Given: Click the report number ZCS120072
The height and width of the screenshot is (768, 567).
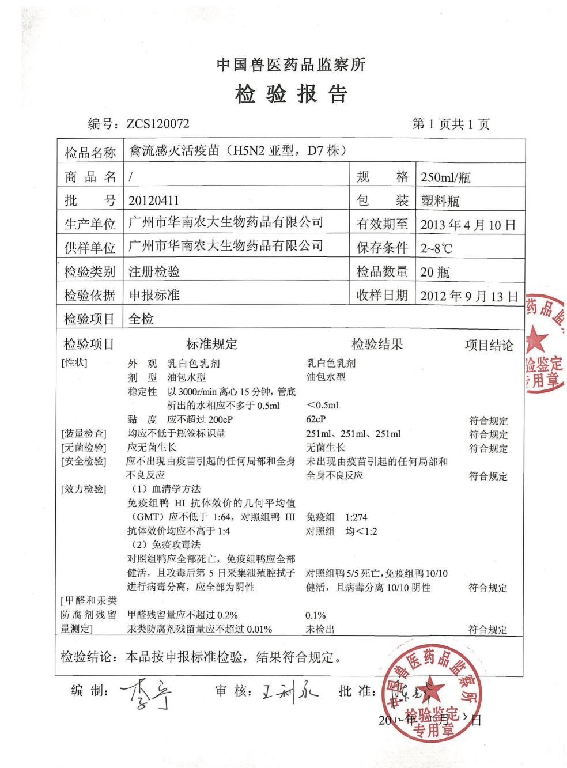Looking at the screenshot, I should (157, 124).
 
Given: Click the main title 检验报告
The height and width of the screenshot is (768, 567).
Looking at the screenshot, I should (291, 93).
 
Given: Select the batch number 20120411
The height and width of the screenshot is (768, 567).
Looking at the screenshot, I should (154, 200).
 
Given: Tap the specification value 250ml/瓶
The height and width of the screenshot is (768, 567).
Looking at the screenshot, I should (445, 177).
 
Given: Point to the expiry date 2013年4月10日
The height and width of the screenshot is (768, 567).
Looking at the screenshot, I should (468, 225).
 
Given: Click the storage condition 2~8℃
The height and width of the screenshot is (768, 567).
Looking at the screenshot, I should (436, 248).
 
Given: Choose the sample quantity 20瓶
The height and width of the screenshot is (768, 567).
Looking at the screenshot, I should (435, 272).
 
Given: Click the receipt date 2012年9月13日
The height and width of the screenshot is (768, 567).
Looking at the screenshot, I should (469, 296).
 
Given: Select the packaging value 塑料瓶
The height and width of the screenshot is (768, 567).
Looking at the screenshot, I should (440, 200).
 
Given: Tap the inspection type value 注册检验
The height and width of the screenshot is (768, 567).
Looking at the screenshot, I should (154, 271).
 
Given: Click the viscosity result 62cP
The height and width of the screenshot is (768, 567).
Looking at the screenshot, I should (316, 419).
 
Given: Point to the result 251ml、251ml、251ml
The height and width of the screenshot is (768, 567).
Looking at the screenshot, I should (353, 434).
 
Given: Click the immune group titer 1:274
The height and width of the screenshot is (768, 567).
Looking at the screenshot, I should (356, 517).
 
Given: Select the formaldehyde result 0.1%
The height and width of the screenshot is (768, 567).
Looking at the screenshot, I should (315, 615).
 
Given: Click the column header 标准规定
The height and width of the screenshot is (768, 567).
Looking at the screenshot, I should (211, 344).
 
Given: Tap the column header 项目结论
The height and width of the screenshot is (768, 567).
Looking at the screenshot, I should (489, 345).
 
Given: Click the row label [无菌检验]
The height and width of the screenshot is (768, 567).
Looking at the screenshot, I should (84, 448).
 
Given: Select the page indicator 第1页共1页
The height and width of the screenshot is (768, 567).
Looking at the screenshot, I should (451, 124).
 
